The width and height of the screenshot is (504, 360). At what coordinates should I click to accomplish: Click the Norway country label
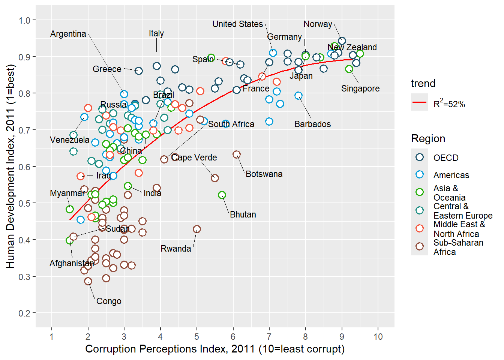(318, 24)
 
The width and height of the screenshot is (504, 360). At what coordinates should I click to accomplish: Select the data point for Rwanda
(197, 229)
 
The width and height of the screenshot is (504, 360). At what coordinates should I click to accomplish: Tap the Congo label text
(109, 301)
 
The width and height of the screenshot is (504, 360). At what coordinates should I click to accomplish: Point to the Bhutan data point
(222, 195)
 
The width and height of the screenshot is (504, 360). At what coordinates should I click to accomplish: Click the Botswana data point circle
(237, 154)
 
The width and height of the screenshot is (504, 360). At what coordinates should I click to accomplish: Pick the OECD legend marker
(420, 157)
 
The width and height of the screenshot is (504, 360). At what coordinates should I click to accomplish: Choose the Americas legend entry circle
(420, 175)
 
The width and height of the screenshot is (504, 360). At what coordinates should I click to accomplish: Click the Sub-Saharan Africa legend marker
(420, 247)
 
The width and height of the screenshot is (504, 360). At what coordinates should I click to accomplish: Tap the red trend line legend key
(420, 102)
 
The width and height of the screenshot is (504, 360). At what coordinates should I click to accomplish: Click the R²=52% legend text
(449, 104)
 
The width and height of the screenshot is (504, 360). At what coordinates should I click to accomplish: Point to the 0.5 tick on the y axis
(25, 203)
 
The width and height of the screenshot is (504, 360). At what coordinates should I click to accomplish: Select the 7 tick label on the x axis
(269, 337)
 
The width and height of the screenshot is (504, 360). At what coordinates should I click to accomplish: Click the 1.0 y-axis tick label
(25, 20)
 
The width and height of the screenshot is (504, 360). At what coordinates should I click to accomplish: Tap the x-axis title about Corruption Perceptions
(215, 349)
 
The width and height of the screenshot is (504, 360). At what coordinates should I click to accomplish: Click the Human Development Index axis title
(10, 166)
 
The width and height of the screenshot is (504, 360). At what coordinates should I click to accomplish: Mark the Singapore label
(360, 89)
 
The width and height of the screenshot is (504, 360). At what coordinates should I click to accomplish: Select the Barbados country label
(313, 124)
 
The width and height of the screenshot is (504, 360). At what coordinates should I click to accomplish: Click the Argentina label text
(68, 34)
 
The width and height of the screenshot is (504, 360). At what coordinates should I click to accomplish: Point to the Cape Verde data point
(215, 178)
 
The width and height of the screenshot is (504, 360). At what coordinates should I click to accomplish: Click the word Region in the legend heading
(428, 139)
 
